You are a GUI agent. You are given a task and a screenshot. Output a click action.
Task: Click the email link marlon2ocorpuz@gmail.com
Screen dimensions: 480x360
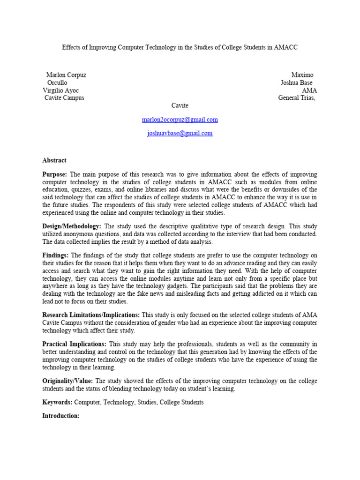[180, 120]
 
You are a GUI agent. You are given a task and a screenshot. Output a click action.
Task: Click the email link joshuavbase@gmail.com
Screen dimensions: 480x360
[180, 133]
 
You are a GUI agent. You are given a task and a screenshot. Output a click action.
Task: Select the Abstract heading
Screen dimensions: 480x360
[54, 160]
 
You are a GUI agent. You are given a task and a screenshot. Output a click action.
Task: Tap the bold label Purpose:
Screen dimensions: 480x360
[55, 174]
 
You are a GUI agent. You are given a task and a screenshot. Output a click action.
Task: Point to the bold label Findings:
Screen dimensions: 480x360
[55, 255]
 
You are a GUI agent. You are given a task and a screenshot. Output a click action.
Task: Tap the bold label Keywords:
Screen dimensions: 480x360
[57, 402]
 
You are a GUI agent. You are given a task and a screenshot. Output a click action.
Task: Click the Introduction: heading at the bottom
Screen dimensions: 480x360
[61, 416]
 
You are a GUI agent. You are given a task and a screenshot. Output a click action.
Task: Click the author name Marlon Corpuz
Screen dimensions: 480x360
[66, 75]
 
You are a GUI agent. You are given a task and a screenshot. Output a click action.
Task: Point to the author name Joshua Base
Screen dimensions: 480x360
[296, 82]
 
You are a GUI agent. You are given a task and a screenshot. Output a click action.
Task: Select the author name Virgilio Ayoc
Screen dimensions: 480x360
[61, 90]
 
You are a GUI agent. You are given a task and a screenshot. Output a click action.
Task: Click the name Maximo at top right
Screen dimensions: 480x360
[302, 75]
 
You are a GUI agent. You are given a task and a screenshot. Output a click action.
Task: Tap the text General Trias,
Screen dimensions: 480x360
[297, 98]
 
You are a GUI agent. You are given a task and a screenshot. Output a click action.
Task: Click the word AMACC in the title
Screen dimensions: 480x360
[286, 47]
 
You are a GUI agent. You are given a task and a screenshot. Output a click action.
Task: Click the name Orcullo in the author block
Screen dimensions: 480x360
[57, 82]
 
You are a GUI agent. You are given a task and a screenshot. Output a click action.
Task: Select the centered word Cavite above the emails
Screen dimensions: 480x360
[180, 105]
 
